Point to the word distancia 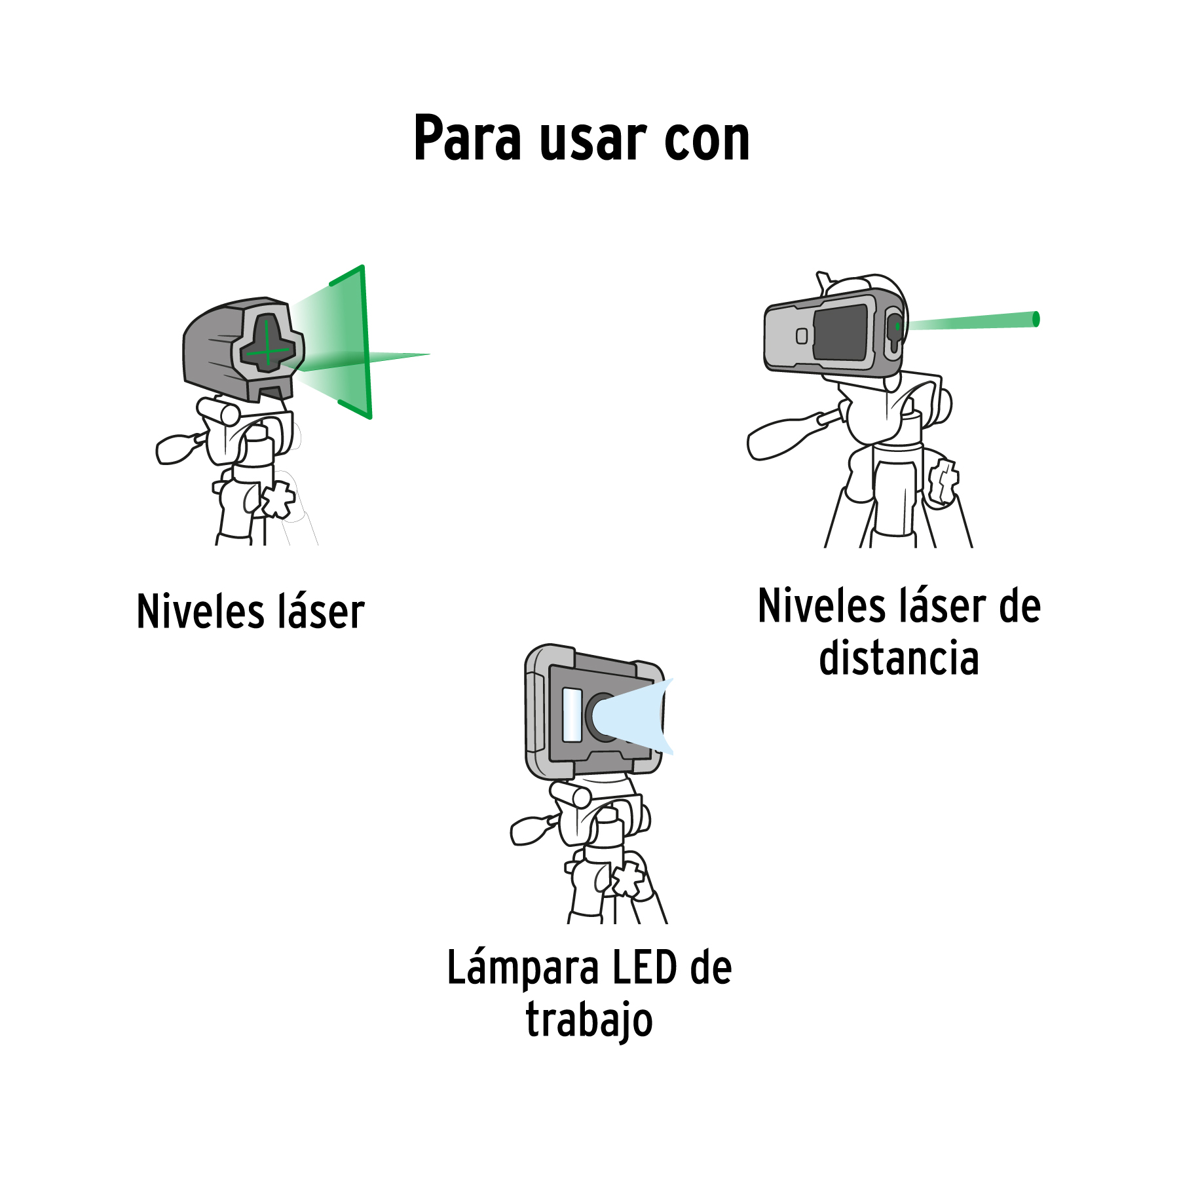tap(899, 658)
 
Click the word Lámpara tap(523, 969)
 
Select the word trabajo tap(589, 1022)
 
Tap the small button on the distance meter tap(802, 336)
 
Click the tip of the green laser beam tap(1036, 319)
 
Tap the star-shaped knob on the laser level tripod tap(278, 499)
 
